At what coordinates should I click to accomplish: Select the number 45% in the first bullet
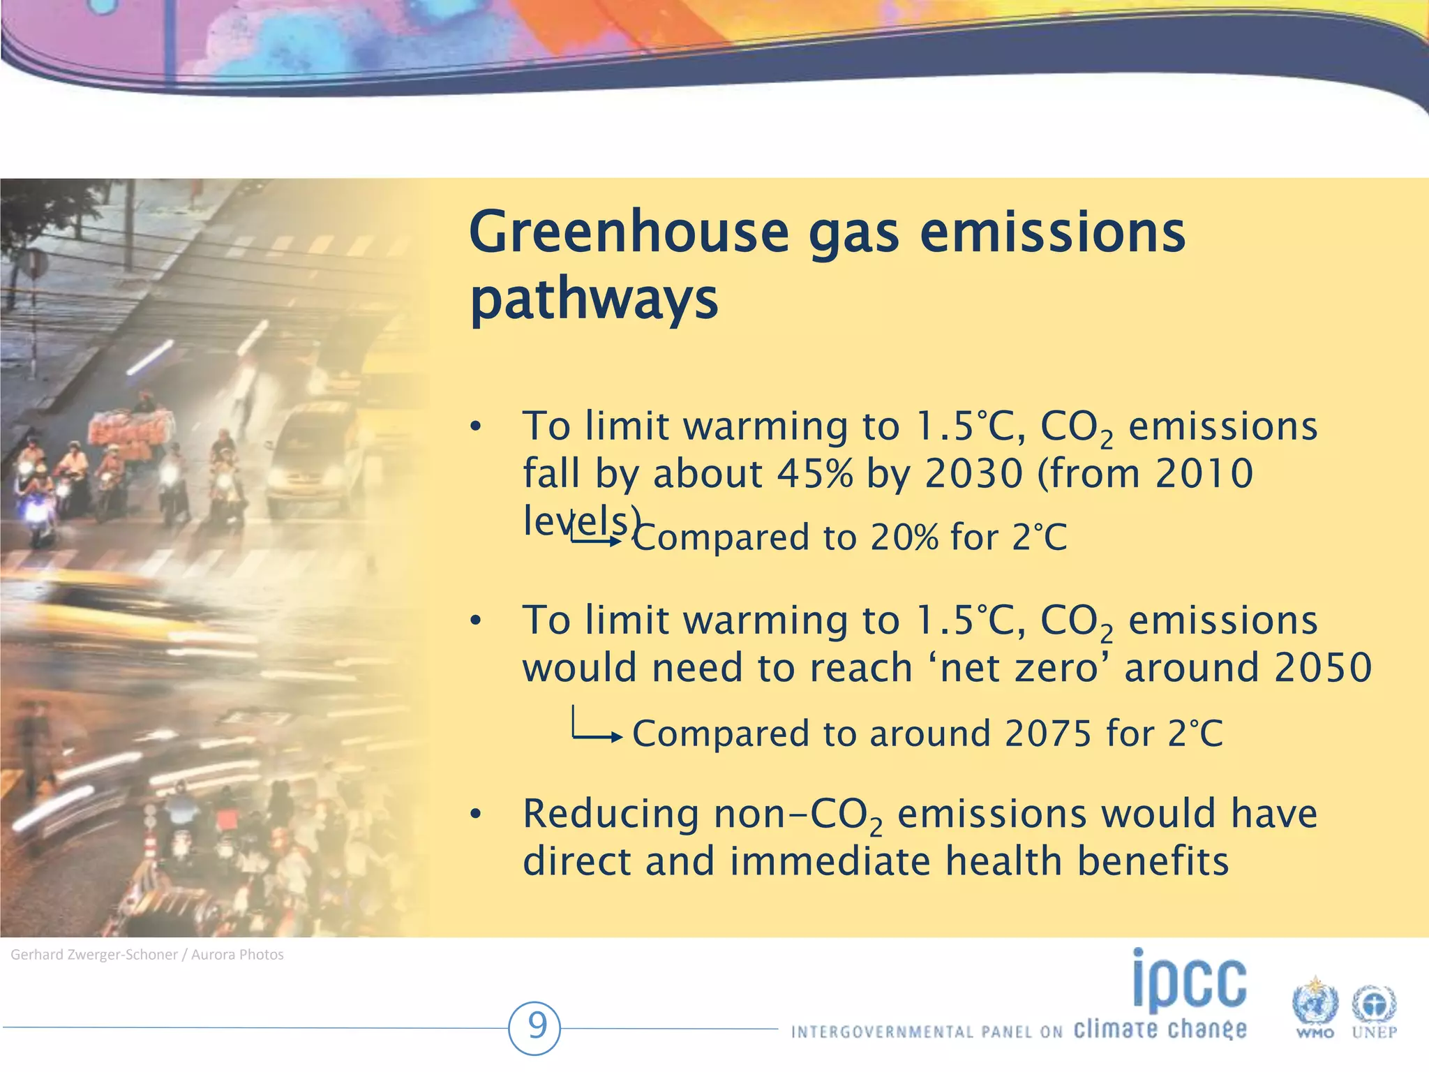(814, 474)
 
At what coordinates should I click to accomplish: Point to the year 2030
(973, 474)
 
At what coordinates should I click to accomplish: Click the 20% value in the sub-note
(904, 538)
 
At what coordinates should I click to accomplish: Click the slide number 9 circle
(536, 1027)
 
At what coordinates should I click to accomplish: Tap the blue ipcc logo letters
(1189, 981)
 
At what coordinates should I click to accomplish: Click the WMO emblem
(1315, 1007)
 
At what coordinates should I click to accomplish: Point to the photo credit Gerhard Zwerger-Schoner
(94, 955)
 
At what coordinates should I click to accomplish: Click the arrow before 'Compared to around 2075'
(597, 729)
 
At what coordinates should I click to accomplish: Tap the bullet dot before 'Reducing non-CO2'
(476, 814)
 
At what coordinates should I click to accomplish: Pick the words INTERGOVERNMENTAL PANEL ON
(927, 1032)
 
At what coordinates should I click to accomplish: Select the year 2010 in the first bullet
(1204, 474)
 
